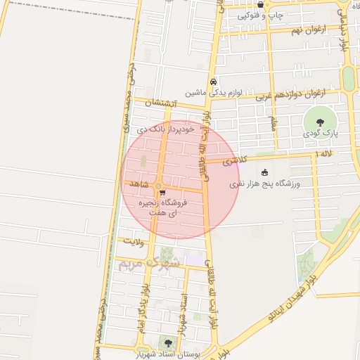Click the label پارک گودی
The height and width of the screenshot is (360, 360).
322,132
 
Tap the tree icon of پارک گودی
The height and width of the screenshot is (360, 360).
321,122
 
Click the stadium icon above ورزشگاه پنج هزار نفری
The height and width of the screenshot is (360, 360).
264,173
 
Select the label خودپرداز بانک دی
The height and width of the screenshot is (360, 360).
165,130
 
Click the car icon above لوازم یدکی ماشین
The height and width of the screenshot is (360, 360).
213,81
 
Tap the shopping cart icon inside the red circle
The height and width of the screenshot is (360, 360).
162,192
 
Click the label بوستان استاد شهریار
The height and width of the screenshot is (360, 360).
170,354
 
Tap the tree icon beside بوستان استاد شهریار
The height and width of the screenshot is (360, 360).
167,342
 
